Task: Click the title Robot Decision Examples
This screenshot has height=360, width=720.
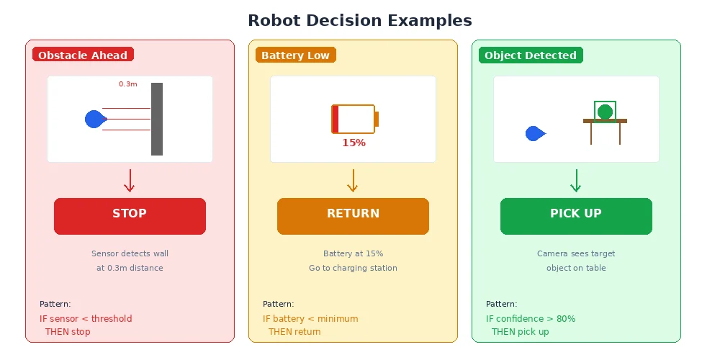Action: pos(360,20)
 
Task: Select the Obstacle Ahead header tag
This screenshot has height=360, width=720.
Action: pos(83,55)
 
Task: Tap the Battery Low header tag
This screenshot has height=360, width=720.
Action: pos(295,55)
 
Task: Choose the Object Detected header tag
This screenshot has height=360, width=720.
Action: pos(531,55)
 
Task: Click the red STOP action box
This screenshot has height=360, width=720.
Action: pos(130,216)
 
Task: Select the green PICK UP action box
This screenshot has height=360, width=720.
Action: pos(576,216)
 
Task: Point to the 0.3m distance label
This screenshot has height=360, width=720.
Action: pos(128,84)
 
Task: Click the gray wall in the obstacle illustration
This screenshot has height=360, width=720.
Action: pos(157,119)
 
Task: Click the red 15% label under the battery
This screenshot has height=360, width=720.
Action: pos(354,143)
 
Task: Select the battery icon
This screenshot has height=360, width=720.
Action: pos(354,119)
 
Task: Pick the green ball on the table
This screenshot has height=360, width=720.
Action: pos(605,112)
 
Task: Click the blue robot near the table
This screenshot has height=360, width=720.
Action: pos(534,133)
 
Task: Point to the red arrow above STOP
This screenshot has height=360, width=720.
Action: pos(130,181)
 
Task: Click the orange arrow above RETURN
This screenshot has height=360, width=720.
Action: pos(353,181)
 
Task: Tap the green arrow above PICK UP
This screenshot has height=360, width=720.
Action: pos(576,181)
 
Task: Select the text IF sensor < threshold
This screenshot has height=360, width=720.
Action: pos(86,319)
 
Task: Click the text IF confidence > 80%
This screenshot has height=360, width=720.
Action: pos(531,319)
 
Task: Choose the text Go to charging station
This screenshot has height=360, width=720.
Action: pos(353,268)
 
